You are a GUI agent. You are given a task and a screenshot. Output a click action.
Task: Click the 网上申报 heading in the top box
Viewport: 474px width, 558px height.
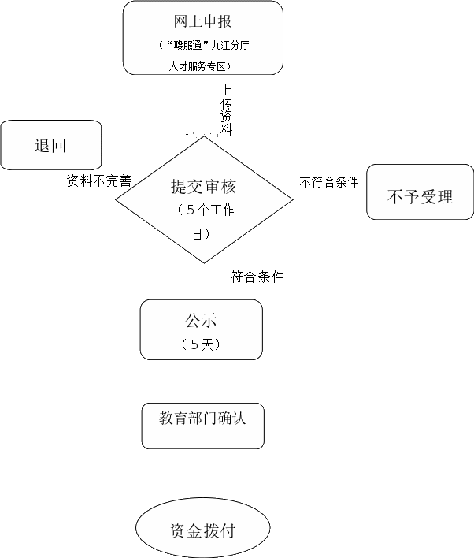202,21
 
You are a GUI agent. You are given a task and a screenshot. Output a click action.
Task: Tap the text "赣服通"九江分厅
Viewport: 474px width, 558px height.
203,45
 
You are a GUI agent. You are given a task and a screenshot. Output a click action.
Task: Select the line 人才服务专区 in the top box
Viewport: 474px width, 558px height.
202,66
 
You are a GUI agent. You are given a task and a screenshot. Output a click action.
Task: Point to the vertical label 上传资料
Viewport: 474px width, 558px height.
227,110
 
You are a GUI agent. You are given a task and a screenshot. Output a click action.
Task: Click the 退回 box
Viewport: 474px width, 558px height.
50,145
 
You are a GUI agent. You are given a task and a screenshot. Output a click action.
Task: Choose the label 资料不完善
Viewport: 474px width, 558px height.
98,180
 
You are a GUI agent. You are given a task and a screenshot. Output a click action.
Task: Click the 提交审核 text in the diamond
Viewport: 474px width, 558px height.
203,187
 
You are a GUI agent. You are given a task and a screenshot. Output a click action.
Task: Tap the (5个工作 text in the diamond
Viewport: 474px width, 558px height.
204,210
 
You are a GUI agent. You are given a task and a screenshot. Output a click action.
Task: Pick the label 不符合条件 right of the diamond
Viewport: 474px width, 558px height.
329,182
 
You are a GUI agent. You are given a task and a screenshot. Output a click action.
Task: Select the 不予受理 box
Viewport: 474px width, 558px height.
420,196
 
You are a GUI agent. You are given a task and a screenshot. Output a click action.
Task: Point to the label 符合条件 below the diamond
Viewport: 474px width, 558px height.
257,277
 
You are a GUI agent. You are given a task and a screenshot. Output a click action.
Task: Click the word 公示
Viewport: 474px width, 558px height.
201,321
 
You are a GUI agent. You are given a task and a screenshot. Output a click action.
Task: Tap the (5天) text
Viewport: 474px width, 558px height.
200,344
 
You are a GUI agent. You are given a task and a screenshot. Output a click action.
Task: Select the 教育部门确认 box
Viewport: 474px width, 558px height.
202,418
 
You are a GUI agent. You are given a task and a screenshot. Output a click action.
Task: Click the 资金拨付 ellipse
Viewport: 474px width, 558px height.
202,530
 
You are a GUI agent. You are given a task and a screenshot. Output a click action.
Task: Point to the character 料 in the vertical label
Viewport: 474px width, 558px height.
227,129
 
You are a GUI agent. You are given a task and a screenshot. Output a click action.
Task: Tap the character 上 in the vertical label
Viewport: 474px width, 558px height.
227,91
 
